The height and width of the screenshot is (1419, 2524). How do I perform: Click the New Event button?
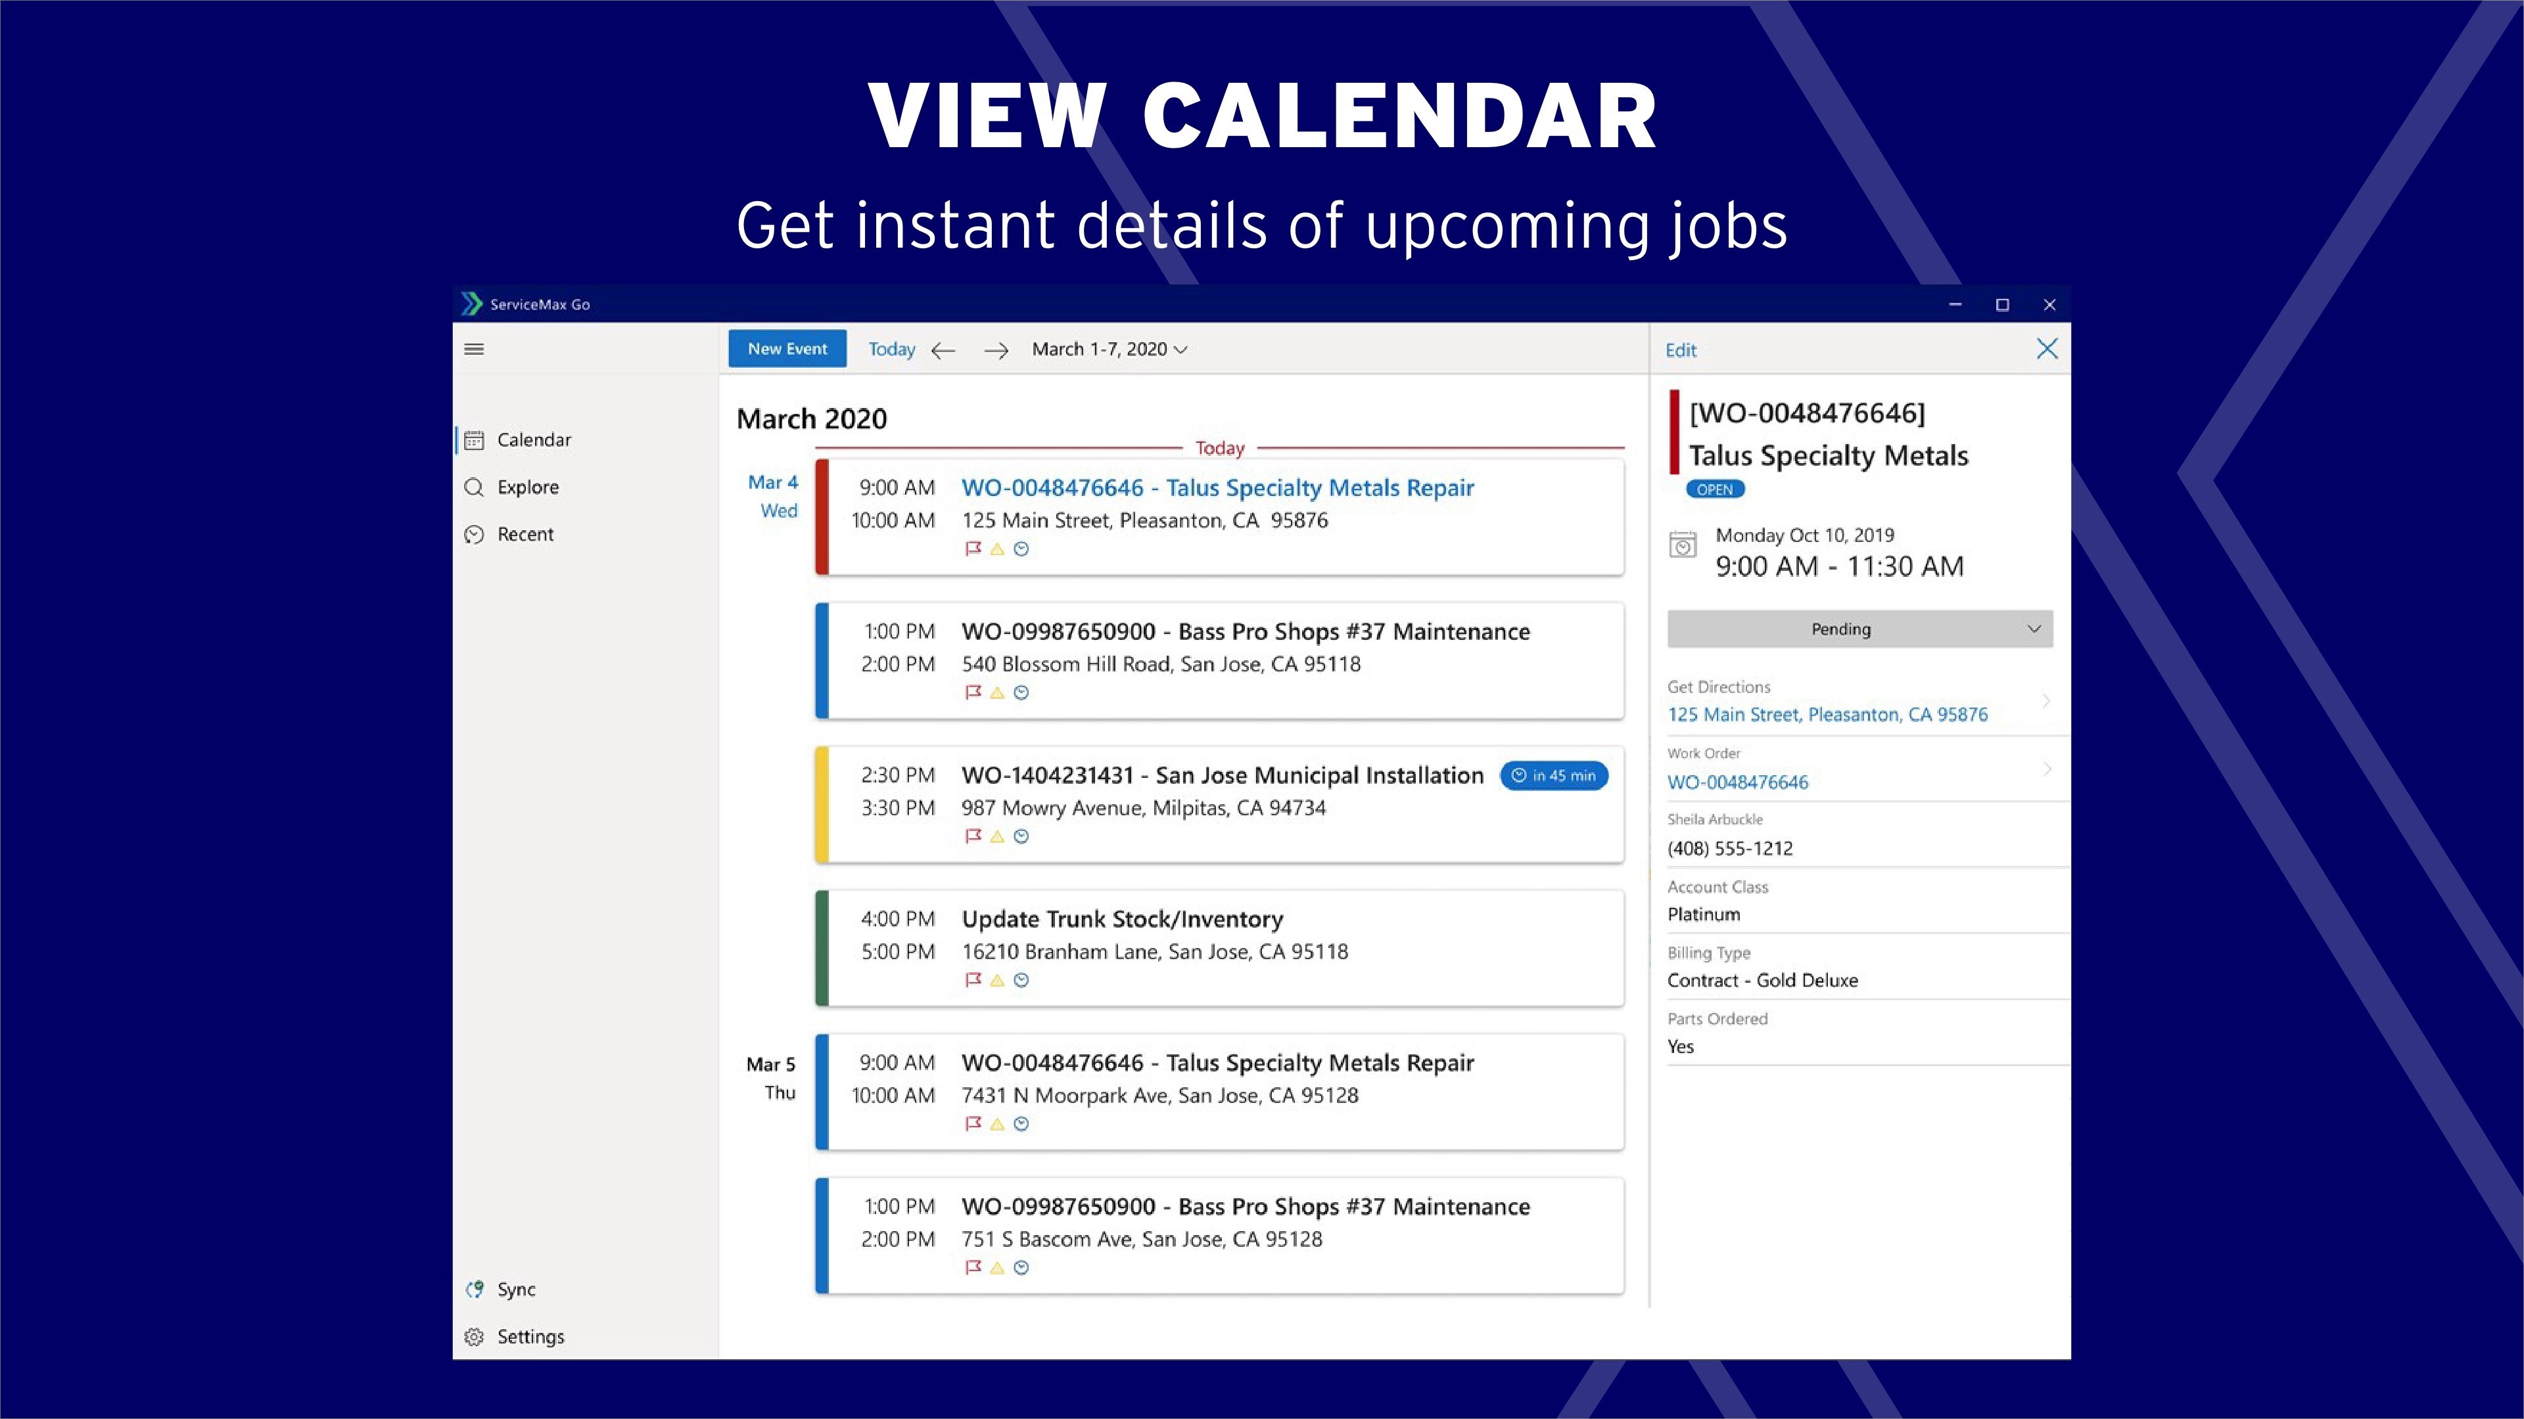[x=787, y=349]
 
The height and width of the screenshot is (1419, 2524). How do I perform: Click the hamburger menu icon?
[x=474, y=349]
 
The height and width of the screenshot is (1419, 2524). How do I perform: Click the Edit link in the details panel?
[x=1681, y=349]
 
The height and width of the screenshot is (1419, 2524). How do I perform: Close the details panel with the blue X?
[x=2047, y=349]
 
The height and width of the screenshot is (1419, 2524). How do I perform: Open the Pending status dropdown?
[x=1859, y=629]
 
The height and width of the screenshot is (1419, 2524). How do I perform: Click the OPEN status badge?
[x=1715, y=489]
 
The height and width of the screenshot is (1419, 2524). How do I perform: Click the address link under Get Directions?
[x=1827, y=715]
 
